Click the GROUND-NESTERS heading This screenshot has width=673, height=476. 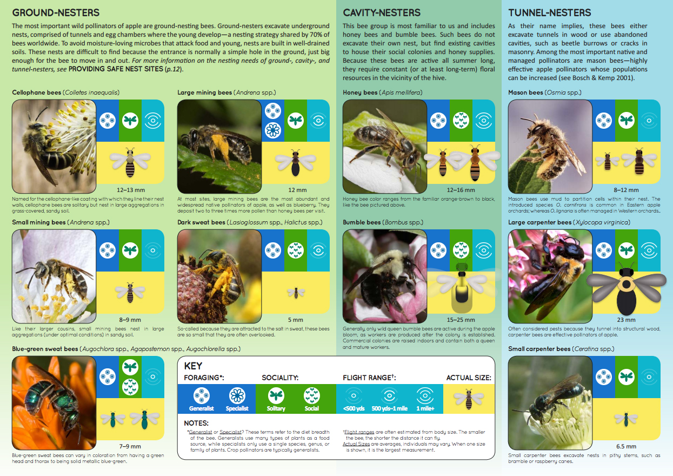click(56, 12)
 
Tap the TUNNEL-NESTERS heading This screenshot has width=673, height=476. click(549, 12)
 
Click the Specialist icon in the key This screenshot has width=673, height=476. click(237, 395)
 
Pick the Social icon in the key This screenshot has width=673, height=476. click(312, 395)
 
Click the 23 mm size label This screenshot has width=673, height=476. click(627, 320)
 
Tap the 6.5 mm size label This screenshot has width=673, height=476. click(626, 446)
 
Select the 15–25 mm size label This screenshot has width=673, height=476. click(461, 320)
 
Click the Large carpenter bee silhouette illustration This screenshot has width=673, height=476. click(627, 281)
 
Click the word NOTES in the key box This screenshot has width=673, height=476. click(196, 423)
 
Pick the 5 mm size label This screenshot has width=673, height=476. click(296, 320)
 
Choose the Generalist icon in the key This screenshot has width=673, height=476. click(201, 395)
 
